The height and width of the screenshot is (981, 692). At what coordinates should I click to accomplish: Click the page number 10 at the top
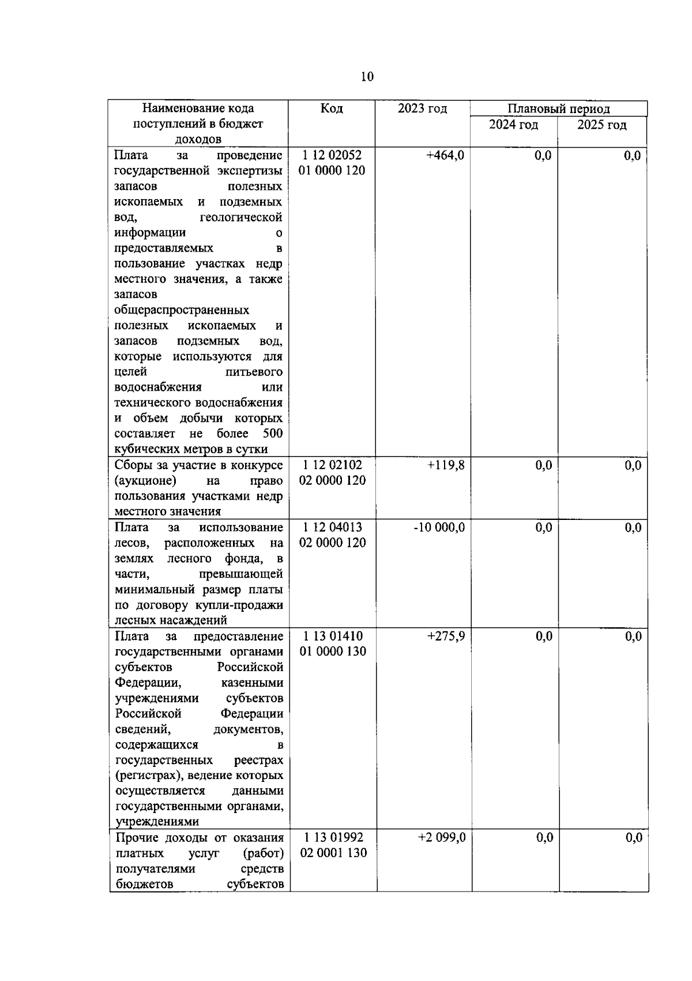[367, 77]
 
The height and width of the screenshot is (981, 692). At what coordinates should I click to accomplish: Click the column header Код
[332, 108]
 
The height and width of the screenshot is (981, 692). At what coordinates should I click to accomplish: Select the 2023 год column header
[422, 108]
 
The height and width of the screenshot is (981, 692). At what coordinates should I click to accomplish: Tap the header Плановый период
[558, 108]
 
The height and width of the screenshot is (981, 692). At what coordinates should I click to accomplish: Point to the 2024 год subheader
[513, 125]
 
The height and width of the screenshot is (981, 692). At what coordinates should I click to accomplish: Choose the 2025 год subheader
[602, 125]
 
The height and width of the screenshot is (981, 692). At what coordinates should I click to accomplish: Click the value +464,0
[445, 155]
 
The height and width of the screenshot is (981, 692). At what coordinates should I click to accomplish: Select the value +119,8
[446, 465]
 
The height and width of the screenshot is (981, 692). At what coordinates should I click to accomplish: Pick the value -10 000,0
[439, 527]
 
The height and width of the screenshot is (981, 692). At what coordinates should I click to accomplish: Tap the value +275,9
[446, 636]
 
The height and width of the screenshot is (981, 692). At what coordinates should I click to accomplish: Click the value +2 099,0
[442, 837]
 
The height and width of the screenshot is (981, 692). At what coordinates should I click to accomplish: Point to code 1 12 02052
[332, 155]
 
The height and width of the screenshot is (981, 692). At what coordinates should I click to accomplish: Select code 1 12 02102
[333, 465]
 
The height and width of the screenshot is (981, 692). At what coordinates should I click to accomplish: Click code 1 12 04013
[333, 527]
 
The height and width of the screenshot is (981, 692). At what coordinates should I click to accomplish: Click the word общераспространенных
[182, 310]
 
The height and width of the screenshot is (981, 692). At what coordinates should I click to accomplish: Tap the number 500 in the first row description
[272, 433]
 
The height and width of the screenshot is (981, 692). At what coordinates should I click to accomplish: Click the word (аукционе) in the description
[145, 481]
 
